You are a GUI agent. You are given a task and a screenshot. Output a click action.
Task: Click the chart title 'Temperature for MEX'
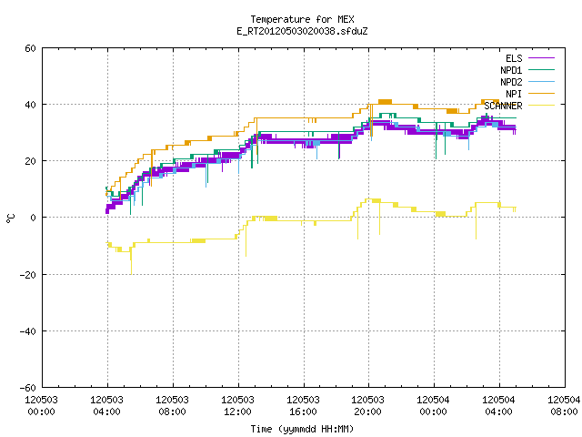[x=302, y=19]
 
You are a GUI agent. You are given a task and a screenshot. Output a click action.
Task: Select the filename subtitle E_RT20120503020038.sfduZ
[x=302, y=31]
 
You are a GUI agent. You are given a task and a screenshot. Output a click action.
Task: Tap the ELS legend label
[x=514, y=58]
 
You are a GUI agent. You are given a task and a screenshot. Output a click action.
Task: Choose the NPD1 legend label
[x=511, y=70]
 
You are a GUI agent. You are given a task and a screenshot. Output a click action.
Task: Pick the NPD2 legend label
[x=511, y=82]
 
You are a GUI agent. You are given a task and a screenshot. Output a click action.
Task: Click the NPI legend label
[x=514, y=94]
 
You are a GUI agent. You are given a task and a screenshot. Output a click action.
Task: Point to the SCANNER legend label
[x=503, y=106]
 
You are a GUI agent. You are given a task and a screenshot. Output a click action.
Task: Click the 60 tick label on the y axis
[x=30, y=48]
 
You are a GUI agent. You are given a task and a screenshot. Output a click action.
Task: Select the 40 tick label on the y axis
[x=30, y=105]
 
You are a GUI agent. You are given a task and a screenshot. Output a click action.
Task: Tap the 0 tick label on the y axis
[x=34, y=218]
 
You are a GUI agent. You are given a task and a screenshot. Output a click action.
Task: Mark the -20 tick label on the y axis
[x=28, y=275]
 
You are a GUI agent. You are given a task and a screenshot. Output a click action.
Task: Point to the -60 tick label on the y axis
[x=28, y=388]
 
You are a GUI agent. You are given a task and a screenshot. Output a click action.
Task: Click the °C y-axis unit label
[x=10, y=218]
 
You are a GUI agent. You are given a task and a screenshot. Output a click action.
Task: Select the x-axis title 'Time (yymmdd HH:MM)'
[x=302, y=429]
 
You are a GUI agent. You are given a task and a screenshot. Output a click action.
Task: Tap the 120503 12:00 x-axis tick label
[x=237, y=406]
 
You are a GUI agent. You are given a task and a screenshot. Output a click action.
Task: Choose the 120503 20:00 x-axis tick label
[x=368, y=406]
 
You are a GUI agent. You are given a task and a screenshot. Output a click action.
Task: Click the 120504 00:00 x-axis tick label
[x=434, y=406]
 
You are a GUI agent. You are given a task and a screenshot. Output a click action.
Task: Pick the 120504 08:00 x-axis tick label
[x=564, y=406]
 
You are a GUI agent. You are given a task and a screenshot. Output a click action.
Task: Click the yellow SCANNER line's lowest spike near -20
[x=131, y=273]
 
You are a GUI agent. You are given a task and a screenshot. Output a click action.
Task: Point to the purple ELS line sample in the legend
[x=542, y=58]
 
